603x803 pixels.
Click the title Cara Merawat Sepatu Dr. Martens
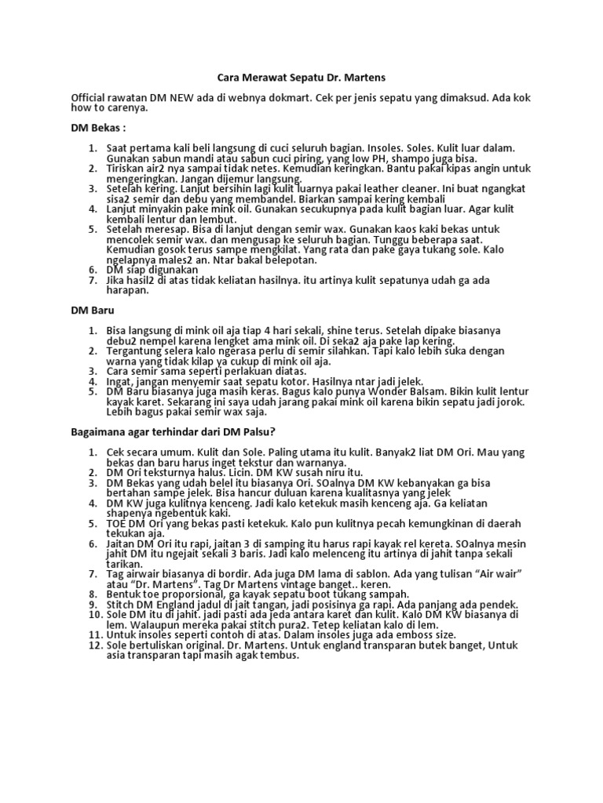(x=301, y=78)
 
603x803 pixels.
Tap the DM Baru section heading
(x=93, y=311)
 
